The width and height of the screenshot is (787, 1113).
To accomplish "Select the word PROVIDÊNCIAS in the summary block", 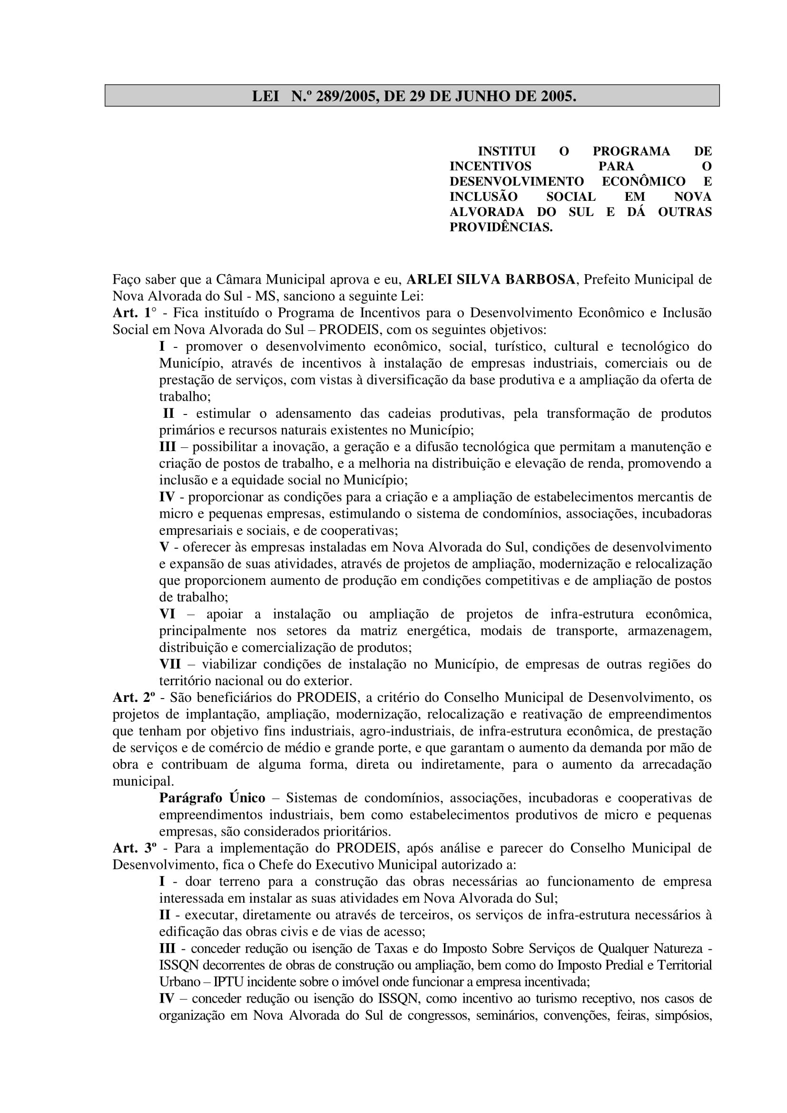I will click(501, 227).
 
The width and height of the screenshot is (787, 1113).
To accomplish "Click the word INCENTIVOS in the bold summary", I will click(490, 166).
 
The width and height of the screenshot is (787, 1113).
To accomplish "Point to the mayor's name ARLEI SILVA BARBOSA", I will click(490, 280).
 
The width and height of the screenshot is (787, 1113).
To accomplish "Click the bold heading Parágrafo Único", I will click(212, 798).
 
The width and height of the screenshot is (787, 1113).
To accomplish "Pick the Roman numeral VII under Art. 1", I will click(169, 664).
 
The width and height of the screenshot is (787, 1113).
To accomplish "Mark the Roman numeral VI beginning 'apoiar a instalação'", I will click(167, 614).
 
